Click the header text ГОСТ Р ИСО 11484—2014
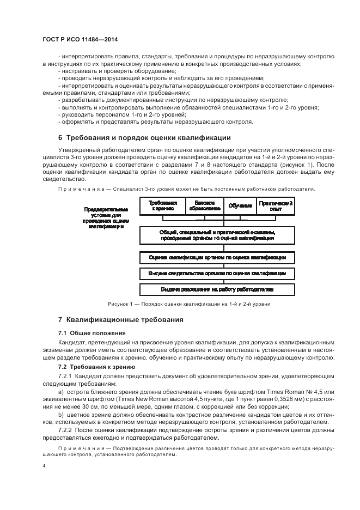80,39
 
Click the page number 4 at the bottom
44,466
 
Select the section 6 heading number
60,137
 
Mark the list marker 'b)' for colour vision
60,415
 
